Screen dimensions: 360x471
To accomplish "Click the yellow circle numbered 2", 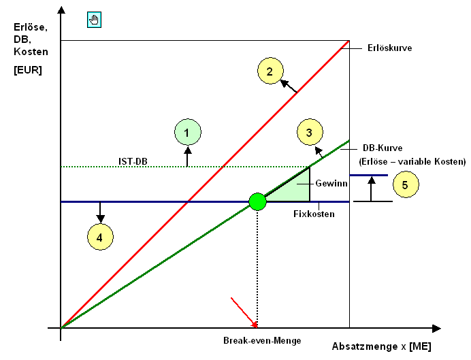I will pyautogui.click(x=270, y=71).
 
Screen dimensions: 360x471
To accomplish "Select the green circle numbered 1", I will pyautogui.click(x=187, y=132).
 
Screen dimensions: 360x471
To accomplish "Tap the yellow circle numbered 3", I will pyautogui.click(x=309, y=133).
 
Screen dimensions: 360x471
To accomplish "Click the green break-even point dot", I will pyautogui.click(x=257, y=201).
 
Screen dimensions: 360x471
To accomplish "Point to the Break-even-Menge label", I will pyautogui.click(x=262, y=340).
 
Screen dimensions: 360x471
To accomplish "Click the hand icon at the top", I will pyautogui.click(x=94, y=19).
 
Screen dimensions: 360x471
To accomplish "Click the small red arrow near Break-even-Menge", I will pyautogui.click(x=244, y=311).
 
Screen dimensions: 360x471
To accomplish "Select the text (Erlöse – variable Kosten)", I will pyautogui.click(x=412, y=162).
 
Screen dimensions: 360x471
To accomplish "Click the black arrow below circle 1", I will pyautogui.click(x=187, y=157).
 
